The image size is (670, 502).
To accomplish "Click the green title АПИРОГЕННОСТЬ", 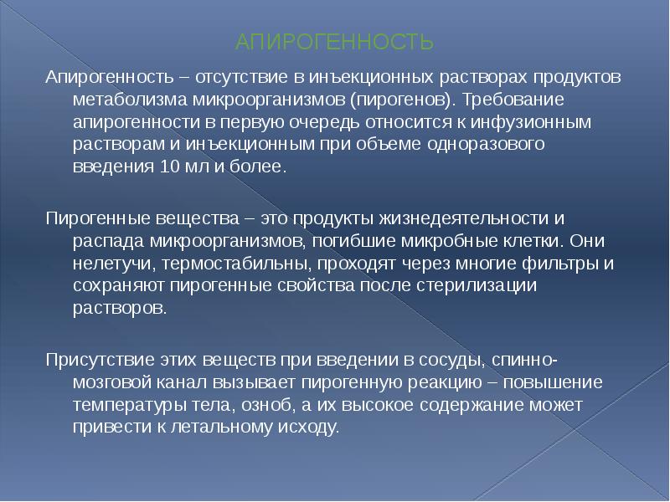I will pyautogui.click(x=334, y=41).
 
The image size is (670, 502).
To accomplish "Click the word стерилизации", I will pyautogui.click(x=490, y=285).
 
